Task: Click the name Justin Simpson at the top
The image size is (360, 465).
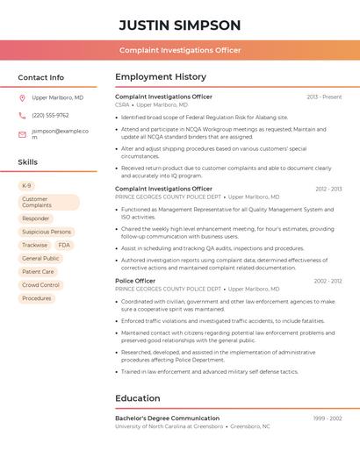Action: point(179,25)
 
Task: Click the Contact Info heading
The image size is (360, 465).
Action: point(41,77)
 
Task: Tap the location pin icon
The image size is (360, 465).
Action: point(22,98)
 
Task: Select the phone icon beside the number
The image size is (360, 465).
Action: point(22,115)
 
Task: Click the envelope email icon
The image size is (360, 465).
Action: point(22,133)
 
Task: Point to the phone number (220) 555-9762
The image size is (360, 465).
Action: point(50,115)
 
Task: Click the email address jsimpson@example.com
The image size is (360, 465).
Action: point(60,133)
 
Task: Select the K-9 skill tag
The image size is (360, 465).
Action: point(26,186)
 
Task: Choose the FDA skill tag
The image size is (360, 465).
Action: point(64,246)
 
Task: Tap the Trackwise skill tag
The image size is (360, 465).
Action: point(35,246)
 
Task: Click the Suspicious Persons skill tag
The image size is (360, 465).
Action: point(47,232)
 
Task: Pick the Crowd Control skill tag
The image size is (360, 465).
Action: point(40,285)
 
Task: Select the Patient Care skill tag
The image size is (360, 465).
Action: point(38,272)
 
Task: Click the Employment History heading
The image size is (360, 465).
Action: point(161,77)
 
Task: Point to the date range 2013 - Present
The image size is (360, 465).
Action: point(324,97)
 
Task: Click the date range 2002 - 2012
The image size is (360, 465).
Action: point(327,281)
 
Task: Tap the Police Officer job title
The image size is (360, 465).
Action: point(135,281)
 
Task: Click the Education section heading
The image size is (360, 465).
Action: point(138,398)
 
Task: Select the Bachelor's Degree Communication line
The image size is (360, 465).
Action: point(168,418)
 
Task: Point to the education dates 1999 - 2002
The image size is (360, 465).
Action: point(327,418)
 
